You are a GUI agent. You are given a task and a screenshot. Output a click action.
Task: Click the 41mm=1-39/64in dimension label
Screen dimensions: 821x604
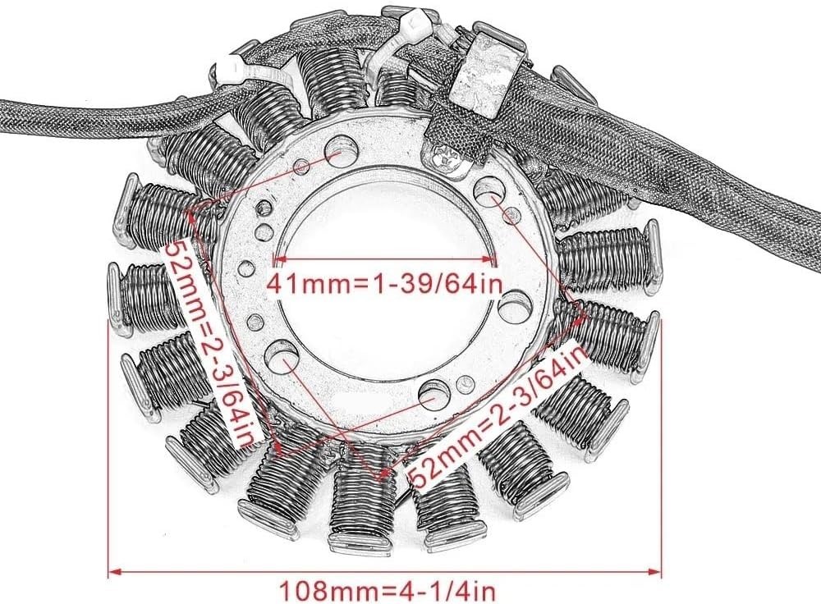pos(385,285)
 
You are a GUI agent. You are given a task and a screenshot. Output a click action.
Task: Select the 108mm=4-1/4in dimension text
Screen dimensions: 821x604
pos(387,591)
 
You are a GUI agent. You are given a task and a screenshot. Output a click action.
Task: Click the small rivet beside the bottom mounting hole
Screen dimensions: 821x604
pos(462,386)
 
